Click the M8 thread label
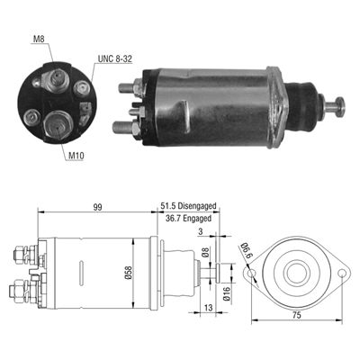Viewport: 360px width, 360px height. [x=37, y=40]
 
